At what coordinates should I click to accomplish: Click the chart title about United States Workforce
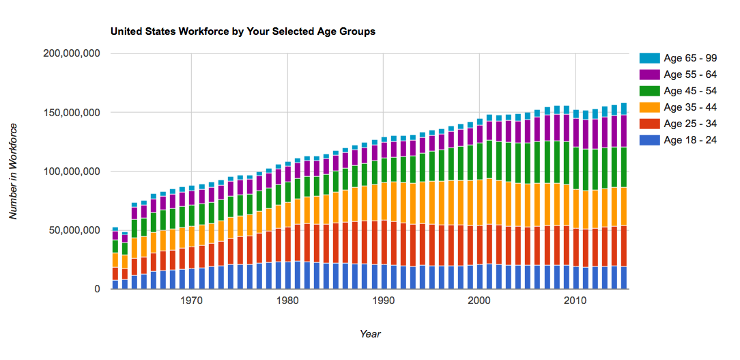tap(242, 31)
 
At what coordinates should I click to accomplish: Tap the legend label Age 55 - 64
tap(690, 74)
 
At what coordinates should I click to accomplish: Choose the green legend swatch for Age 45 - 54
tap(649, 91)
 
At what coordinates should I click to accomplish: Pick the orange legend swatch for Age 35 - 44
tap(649, 107)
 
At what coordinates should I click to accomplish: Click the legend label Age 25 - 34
tap(690, 124)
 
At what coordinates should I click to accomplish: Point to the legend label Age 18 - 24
tap(690, 140)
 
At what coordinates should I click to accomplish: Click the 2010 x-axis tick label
tap(575, 301)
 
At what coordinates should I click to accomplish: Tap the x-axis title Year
tap(370, 334)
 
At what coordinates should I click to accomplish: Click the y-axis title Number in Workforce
tap(14, 171)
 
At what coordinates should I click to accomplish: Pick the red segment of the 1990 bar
tap(384, 243)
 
